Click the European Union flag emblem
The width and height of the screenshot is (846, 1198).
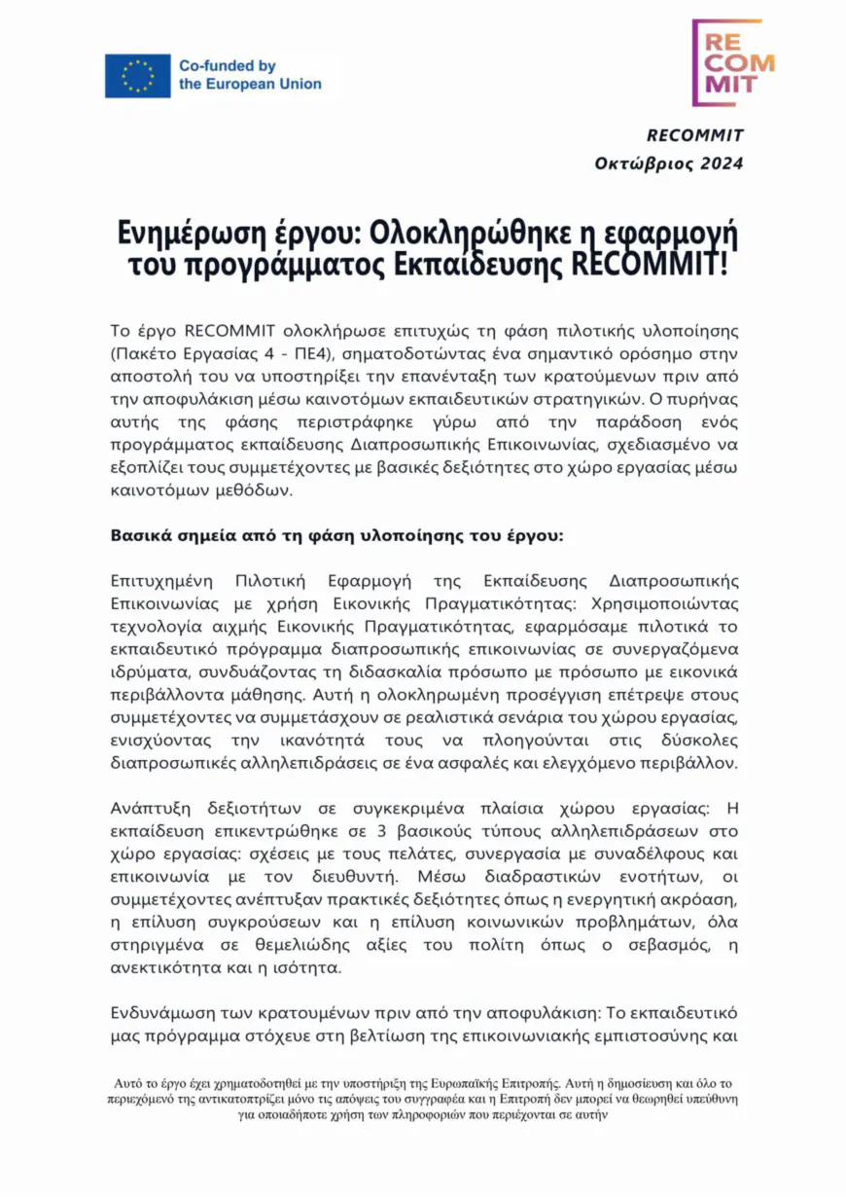[x=138, y=76]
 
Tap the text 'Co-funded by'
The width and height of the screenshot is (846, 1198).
[x=228, y=66]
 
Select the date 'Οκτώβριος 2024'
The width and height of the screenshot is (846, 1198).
[x=669, y=163]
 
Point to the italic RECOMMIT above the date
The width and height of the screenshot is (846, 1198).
[x=694, y=135]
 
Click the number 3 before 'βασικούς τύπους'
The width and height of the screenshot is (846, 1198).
[x=368, y=833]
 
